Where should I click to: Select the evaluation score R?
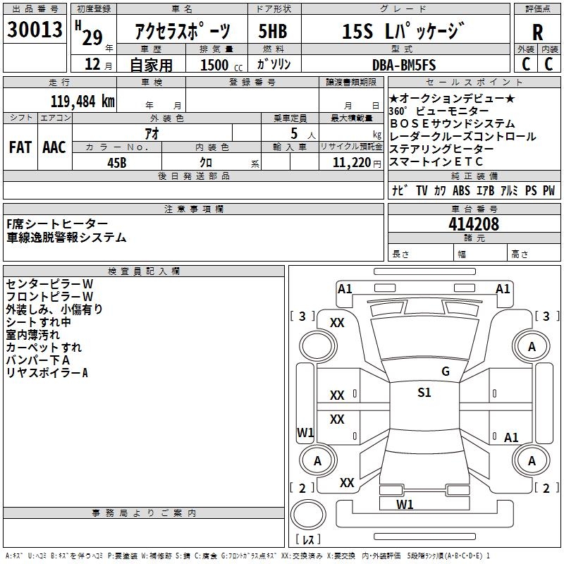click(x=537, y=32)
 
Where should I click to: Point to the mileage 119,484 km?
click(x=82, y=101)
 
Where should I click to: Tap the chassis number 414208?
click(x=473, y=224)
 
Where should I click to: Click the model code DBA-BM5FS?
click(x=404, y=65)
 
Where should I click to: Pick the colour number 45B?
click(x=116, y=161)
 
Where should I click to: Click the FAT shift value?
click(x=20, y=147)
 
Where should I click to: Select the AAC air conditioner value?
click(x=54, y=147)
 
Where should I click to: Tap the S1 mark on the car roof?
click(x=424, y=393)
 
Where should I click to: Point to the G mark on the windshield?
click(x=445, y=372)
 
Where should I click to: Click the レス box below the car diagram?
click(x=308, y=539)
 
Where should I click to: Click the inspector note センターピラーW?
click(x=49, y=283)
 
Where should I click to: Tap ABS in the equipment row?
click(x=461, y=191)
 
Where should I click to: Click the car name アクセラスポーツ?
click(x=182, y=32)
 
